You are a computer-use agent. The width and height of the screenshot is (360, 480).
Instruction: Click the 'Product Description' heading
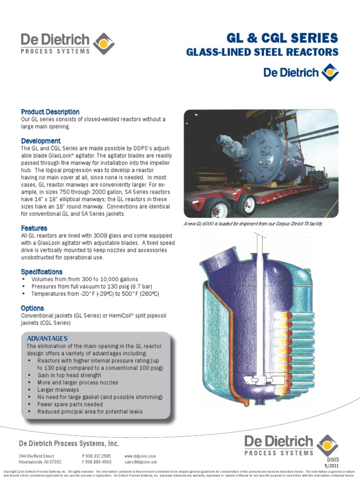click(x=50, y=112)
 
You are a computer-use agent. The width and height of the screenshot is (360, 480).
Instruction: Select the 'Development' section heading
click(x=41, y=141)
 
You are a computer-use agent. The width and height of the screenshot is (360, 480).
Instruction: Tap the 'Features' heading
click(x=34, y=228)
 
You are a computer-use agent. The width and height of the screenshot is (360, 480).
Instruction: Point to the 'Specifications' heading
click(x=42, y=272)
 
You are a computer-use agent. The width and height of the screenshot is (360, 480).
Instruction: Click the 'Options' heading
click(x=32, y=308)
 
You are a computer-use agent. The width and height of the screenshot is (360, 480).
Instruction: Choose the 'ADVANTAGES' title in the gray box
click(x=47, y=338)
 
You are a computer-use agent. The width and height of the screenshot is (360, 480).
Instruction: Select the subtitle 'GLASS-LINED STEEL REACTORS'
click(x=262, y=52)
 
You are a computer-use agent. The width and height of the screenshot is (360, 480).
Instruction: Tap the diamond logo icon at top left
click(x=104, y=44)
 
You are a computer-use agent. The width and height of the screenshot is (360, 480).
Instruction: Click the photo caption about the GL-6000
click(x=254, y=224)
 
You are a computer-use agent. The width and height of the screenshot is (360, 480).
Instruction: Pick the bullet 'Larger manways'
click(x=59, y=390)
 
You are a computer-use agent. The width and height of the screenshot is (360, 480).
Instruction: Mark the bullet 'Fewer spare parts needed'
click(x=70, y=405)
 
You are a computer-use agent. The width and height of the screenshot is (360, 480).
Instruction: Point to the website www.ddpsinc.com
click(x=140, y=456)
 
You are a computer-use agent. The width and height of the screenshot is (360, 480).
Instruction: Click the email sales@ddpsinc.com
click(x=141, y=462)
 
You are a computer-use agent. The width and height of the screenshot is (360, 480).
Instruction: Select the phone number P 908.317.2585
click(x=97, y=456)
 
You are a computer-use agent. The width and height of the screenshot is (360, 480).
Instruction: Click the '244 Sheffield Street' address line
click(x=37, y=456)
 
